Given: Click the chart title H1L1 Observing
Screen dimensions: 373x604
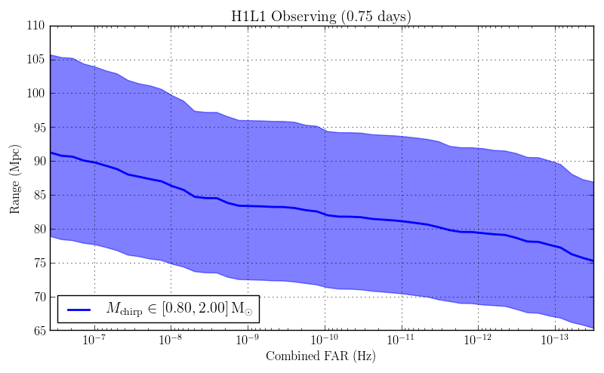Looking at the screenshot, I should tap(321, 16).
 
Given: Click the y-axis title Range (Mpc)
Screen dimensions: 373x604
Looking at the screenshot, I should tap(15, 178).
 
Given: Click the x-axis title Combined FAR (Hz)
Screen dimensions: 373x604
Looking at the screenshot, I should tap(321, 356).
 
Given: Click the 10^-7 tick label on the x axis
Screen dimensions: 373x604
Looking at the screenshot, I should tap(94, 341).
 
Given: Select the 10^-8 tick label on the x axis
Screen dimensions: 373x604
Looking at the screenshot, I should tap(171, 341).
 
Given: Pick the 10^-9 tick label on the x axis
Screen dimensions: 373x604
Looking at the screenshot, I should tap(248, 341).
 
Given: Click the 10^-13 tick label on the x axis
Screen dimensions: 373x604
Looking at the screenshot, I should tap(555, 341).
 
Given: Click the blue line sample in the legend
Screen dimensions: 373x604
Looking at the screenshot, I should tap(79, 310).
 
